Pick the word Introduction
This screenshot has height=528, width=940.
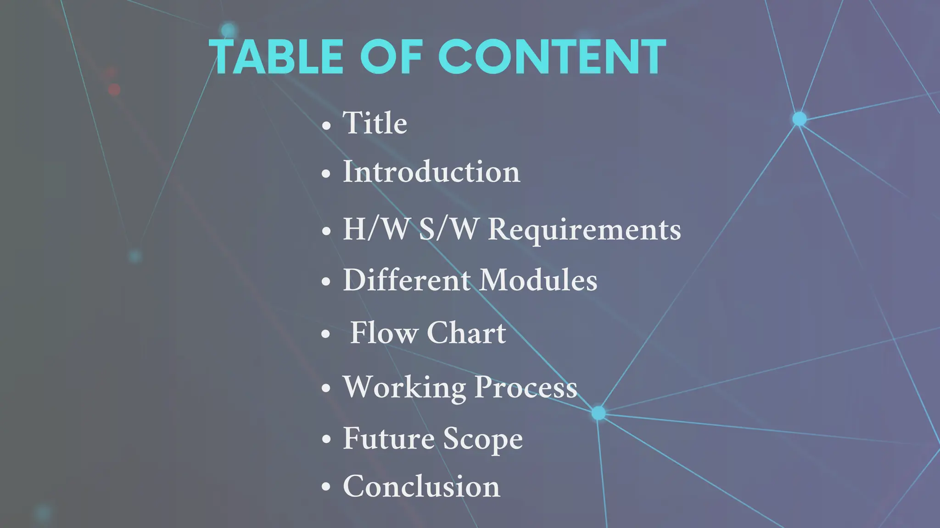pos(431,172)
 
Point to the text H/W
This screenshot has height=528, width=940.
pos(375,229)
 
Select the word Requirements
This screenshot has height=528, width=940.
pos(584,230)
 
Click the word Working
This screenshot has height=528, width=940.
pos(404,387)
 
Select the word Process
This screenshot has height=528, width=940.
pos(526,387)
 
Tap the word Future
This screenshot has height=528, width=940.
pos(388,438)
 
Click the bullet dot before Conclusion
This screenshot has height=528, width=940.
pos(326,487)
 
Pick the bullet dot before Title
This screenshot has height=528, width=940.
pos(326,124)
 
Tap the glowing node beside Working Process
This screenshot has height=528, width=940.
pos(598,413)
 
